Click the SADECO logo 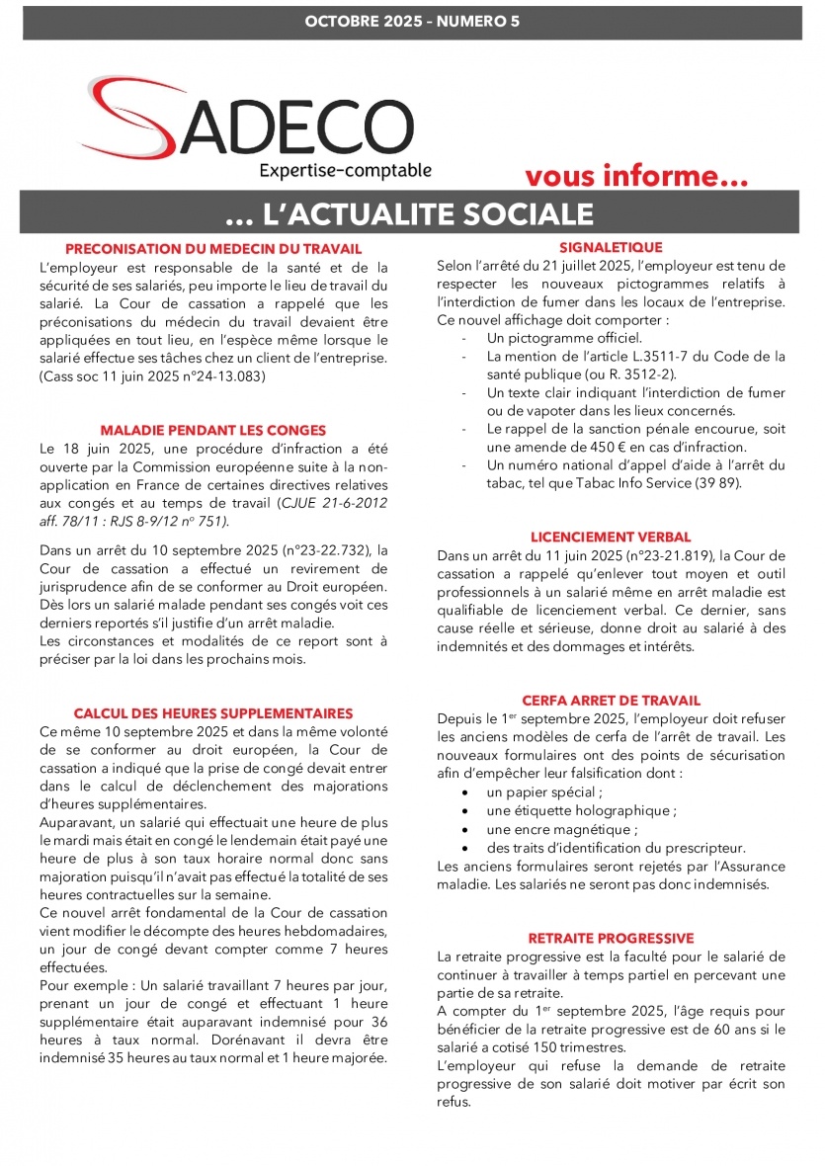pyautogui.click(x=247, y=124)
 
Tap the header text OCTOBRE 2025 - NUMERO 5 pyautogui.click(x=412, y=22)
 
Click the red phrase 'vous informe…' pyautogui.click(x=636, y=177)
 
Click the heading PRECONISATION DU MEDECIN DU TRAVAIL pyautogui.click(x=213, y=249)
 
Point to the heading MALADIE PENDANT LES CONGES pyautogui.click(x=213, y=431)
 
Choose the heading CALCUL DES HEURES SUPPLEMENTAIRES pyautogui.click(x=213, y=713)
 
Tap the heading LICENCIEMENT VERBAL pyautogui.click(x=611, y=538)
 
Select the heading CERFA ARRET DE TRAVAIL pyautogui.click(x=611, y=701)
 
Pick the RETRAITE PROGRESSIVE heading pyautogui.click(x=611, y=939)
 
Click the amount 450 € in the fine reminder pyautogui.click(x=606, y=447)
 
